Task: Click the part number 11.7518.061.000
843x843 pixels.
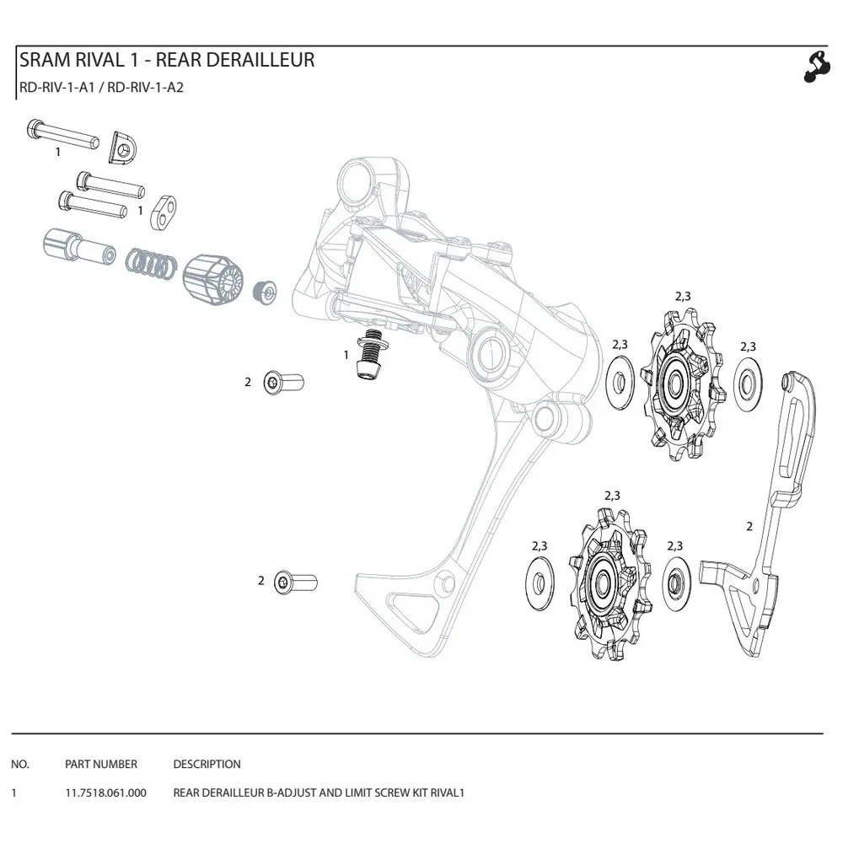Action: tap(105, 793)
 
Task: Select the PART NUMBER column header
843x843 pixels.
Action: tap(100, 765)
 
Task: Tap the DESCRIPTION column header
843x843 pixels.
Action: tap(207, 765)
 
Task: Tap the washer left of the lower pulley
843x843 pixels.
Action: tap(540, 583)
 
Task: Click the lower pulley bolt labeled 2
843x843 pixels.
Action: tap(296, 582)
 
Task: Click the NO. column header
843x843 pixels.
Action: tap(20, 765)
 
